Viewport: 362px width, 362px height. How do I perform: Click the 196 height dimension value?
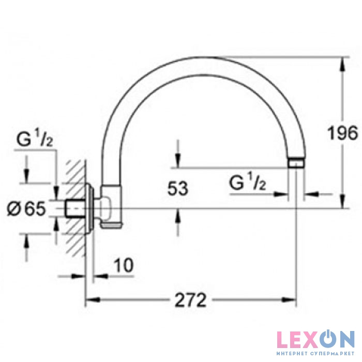pyautogui.click(x=342, y=133)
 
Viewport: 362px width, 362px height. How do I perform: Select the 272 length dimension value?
pyautogui.click(x=190, y=300)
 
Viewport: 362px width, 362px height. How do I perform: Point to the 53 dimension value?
pyautogui.click(x=177, y=188)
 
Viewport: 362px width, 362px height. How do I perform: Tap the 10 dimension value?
pyautogui.click(x=124, y=265)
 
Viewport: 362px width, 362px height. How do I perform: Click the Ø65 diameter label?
pyautogui.click(x=26, y=208)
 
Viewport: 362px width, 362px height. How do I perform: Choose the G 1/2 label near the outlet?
pyautogui.click(x=248, y=182)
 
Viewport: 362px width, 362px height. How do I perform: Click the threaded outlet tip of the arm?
pyautogui.click(x=296, y=163)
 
